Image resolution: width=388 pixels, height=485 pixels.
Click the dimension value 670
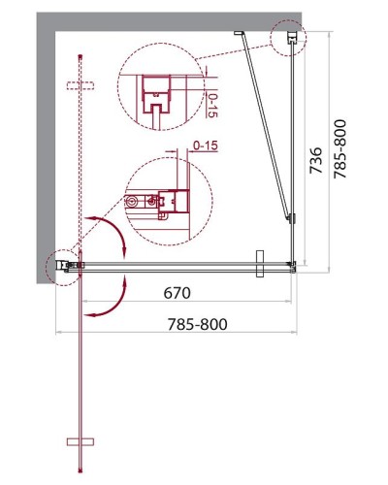click(177, 292)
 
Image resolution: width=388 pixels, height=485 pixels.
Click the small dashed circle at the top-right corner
click(289, 40)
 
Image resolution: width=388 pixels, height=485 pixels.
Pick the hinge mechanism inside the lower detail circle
click(160, 202)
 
